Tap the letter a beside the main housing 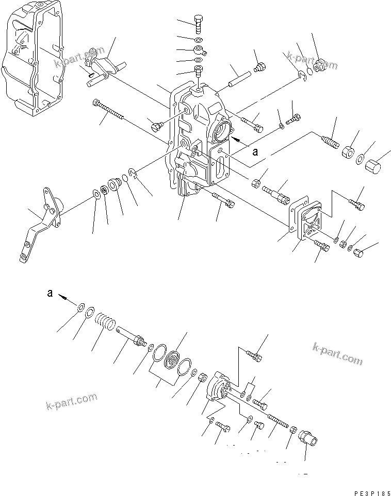pos(254,152)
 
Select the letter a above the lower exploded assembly pos(50,293)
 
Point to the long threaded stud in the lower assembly pos(275,420)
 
